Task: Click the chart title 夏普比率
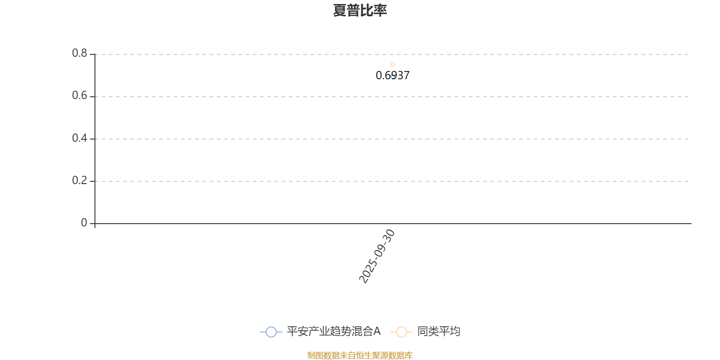[x=360, y=10]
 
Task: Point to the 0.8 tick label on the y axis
[x=80, y=54]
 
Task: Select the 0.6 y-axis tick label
[x=80, y=96]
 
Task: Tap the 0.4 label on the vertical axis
[x=80, y=138]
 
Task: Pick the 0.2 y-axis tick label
[x=80, y=180]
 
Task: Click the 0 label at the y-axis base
[x=84, y=223]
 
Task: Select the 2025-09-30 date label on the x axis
[x=377, y=256]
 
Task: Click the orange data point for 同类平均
[x=393, y=64]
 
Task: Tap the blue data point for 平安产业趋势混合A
[x=393, y=76]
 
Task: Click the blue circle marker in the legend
[x=271, y=332]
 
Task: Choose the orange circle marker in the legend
[x=401, y=332]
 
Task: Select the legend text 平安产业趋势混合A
[x=333, y=332]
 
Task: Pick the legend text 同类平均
[x=438, y=332]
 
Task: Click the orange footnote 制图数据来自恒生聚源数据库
[x=360, y=355]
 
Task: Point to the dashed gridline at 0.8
[x=495, y=54]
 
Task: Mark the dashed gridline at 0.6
[x=495, y=97]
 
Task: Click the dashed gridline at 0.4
[x=495, y=139]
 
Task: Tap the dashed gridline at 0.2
[x=495, y=181]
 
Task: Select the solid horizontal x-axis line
[x=495, y=224]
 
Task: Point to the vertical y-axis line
[x=95, y=135]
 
